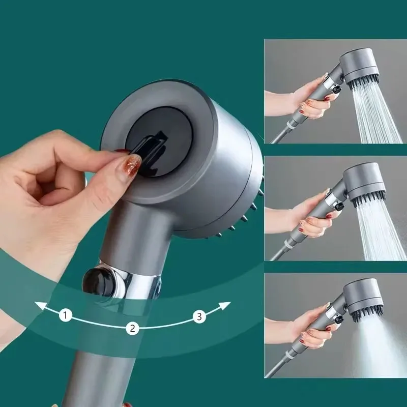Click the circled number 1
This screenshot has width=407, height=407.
[65, 315]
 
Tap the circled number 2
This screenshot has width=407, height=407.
[132, 328]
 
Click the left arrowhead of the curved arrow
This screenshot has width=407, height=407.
[38, 305]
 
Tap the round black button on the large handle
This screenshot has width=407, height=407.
[96, 280]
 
